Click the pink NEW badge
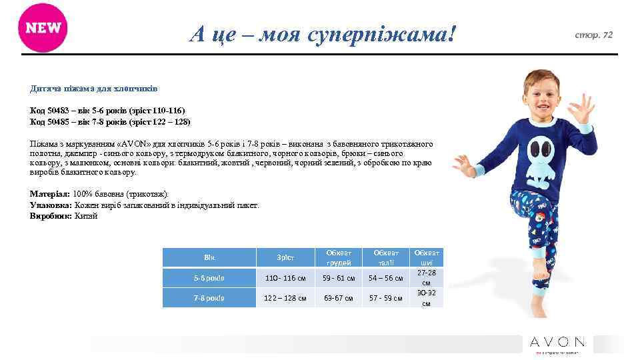tap(43, 28)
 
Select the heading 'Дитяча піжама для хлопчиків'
tap(93, 88)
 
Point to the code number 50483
tap(59, 110)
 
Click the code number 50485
tap(59, 122)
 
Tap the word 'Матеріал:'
tap(50, 193)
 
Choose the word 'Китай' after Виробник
tap(86, 216)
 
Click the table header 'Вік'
tap(209, 257)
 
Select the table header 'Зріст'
tap(285, 257)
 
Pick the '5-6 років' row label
tap(209, 278)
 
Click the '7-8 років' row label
tap(209, 298)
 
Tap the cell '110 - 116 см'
tap(285, 278)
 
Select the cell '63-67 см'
tap(339, 298)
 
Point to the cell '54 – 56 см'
tap(387, 278)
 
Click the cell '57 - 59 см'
tap(387, 298)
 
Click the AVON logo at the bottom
tap(557, 343)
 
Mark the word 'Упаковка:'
tap(51, 205)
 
